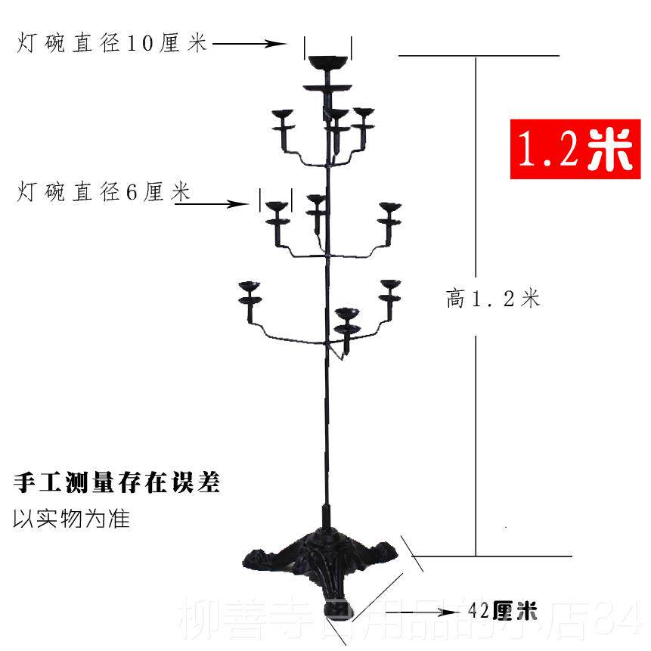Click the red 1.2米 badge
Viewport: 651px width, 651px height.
point(573,149)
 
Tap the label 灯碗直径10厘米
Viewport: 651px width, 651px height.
point(112,44)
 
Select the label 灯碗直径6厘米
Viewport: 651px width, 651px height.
point(103,194)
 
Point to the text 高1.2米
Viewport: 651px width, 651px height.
point(493,299)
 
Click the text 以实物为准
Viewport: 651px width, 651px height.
point(72,519)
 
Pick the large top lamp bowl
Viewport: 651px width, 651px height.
point(327,60)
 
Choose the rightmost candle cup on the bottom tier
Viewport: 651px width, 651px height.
point(390,286)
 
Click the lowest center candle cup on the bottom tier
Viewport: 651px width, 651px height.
point(346,314)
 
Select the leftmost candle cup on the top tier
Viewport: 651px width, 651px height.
point(284,114)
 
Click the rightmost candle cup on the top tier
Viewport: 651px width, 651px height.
point(365,113)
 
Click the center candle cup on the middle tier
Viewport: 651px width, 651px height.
point(316,201)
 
